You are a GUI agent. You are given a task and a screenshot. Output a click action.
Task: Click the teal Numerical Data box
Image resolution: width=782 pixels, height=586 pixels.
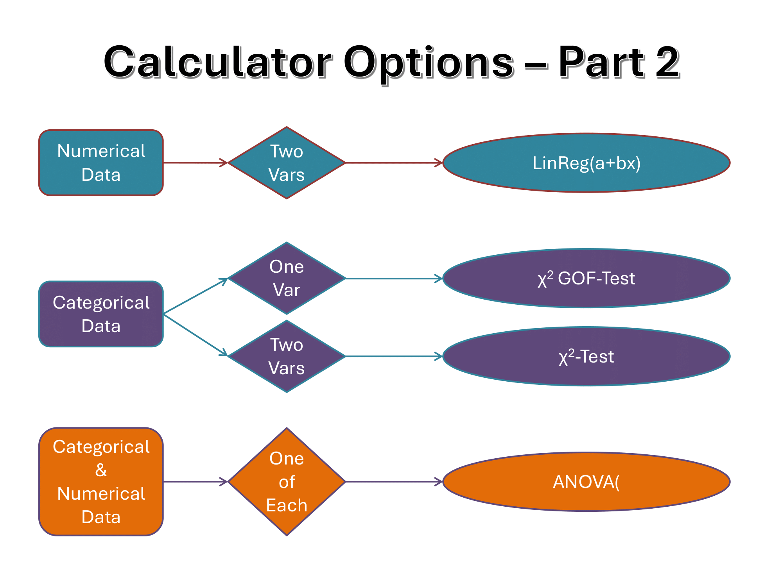[101, 163]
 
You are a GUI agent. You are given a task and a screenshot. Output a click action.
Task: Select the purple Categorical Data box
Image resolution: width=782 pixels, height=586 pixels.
[101, 314]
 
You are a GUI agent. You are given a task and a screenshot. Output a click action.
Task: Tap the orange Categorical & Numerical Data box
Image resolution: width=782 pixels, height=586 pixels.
[101, 482]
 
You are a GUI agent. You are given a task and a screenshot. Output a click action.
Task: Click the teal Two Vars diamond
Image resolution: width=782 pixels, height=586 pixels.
[287, 163]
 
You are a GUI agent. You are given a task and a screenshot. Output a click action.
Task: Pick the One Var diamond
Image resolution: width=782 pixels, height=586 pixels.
[287, 278]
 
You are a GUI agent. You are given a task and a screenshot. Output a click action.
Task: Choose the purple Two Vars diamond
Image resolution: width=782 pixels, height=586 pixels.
[287, 356]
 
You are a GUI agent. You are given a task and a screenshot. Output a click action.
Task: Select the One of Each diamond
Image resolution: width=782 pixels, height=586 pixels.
[287, 482]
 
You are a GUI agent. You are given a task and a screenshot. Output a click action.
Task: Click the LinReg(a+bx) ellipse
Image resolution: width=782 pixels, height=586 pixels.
[586, 163]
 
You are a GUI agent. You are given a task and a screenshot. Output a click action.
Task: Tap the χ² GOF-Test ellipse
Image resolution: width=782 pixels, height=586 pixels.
[586, 278]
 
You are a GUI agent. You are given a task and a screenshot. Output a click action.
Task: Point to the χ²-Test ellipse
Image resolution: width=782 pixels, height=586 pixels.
[586, 356]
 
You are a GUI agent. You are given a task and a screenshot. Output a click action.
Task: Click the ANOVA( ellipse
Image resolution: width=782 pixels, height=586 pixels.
[586, 482]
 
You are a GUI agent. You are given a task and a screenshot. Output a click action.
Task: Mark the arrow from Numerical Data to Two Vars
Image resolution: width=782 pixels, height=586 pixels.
[195, 163]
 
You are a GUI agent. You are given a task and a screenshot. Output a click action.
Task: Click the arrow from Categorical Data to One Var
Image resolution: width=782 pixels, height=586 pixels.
[195, 296]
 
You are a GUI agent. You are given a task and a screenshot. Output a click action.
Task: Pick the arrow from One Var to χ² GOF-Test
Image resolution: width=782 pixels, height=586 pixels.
[394, 279]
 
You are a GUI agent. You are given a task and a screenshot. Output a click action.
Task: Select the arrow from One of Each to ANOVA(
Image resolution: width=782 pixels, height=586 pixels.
[394, 482]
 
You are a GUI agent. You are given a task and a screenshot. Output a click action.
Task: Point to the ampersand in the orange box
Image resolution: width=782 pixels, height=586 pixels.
[101, 470]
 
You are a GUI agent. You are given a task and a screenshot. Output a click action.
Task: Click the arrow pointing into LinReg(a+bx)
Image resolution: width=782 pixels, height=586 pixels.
[394, 163]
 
